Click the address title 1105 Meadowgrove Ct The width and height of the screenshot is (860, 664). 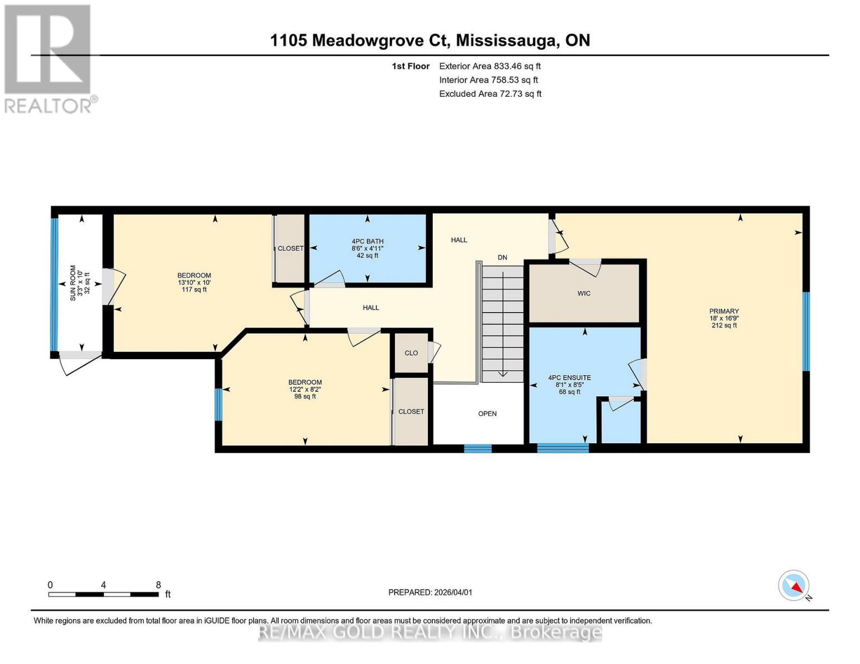(430, 40)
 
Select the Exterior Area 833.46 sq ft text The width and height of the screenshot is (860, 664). (490, 66)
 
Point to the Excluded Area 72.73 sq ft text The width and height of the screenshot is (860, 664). (490, 94)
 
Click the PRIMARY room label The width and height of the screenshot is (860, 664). (724, 311)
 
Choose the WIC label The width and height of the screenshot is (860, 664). (584, 293)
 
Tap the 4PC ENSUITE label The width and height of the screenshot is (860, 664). (569, 377)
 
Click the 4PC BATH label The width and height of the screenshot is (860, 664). (367, 241)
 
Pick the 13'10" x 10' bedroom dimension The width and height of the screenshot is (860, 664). (194, 282)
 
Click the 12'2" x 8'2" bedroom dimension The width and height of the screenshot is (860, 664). (305, 389)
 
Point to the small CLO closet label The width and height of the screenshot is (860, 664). (411, 353)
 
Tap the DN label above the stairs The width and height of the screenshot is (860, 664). (502, 257)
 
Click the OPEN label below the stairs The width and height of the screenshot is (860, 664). (488, 413)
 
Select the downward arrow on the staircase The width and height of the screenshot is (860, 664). (502, 373)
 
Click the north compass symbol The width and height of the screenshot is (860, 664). (794, 586)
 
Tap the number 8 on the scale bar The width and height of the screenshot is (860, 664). (158, 585)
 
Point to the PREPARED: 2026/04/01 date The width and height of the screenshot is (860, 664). (430, 592)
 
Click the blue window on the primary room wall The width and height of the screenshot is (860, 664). (806, 331)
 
